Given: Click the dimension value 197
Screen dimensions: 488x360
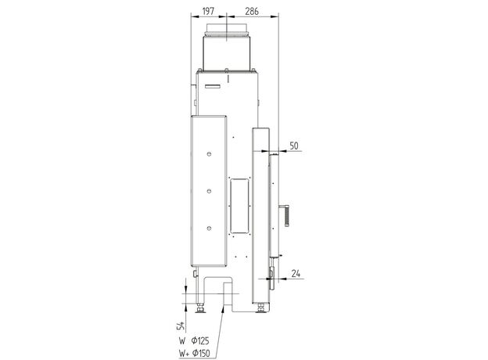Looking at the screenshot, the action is tap(208, 11).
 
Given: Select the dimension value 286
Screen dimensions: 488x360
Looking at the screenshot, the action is tap(252, 11).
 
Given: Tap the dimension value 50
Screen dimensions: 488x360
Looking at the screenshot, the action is tap(294, 146).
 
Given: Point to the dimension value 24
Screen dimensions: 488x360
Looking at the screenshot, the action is tap(296, 273).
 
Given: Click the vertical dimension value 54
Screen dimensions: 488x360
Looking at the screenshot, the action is tap(181, 326).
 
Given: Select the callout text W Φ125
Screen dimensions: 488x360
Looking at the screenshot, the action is tap(194, 340).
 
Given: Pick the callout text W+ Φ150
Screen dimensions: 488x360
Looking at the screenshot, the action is tap(194, 353).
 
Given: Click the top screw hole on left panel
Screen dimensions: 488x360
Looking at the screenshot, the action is tap(209, 154).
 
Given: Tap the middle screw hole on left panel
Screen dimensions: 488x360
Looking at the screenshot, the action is tap(209, 191).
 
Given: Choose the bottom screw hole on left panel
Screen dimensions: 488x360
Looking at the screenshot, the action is tap(209, 229).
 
